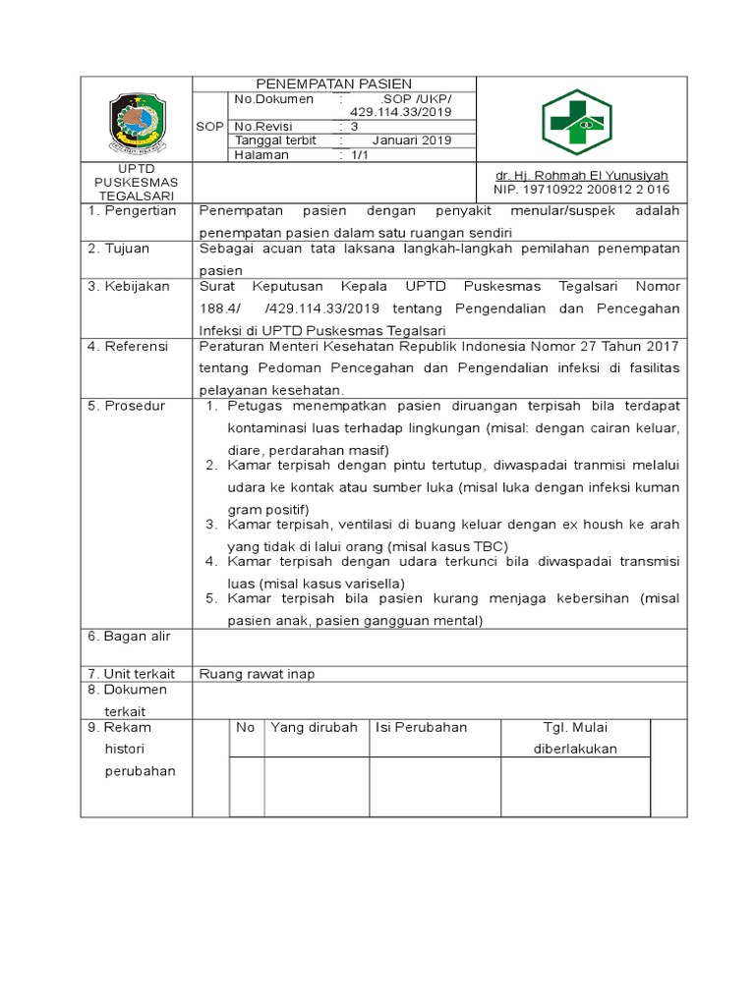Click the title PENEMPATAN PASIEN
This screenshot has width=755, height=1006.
[333, 84]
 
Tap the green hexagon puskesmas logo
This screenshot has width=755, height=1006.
[576, 122]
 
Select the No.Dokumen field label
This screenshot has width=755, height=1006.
[274, 99]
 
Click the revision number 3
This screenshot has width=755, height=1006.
[354, 127]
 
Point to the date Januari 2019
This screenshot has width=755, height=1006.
[411, 140]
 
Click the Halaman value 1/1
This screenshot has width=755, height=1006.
[352, 154]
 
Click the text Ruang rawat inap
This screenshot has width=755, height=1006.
[257, 674]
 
